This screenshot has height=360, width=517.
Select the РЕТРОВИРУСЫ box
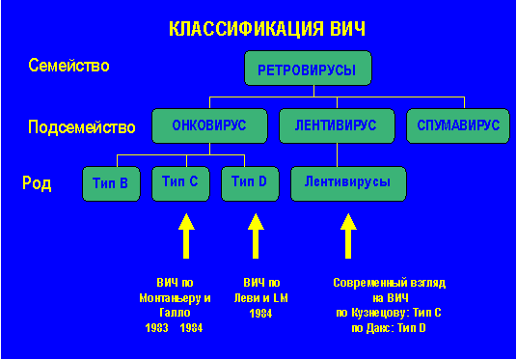coord(308,71)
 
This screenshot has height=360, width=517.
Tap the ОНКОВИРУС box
coord(209,125)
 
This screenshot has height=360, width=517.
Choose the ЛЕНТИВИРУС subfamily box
coord(336,125)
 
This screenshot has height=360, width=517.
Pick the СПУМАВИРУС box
coord(457,125)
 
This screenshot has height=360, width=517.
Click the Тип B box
coord(112,181)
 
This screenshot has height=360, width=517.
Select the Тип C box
coord(180,181)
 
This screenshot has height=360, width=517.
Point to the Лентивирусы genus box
coord(347,181)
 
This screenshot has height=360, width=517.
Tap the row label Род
coord(37,182)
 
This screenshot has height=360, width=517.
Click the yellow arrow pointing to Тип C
coord(187,235)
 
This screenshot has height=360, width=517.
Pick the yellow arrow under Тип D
coord(255,235)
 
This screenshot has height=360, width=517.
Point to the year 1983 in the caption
coord(157,328)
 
